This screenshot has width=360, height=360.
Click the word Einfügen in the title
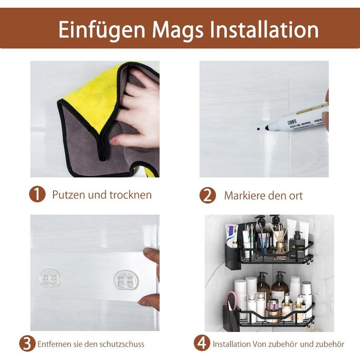point(102,30)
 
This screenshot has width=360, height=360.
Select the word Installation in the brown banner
point(264,29)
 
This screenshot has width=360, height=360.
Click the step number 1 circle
point(37,194)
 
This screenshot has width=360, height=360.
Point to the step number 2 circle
point(208,195)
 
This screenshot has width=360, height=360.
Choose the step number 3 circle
point(27,344)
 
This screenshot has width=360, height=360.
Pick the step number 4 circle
point(202,343)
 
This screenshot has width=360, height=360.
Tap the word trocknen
point(131,195)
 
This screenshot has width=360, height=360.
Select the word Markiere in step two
point(245,195)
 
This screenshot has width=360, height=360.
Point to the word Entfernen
point(54,344)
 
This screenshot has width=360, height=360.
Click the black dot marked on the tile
point(259,129)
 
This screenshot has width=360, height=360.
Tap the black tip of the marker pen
point(267,128)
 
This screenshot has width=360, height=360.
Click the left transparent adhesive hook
point(50,278)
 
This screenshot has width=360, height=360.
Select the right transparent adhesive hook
point(126,279)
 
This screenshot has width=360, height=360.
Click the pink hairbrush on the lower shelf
point(231,300)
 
